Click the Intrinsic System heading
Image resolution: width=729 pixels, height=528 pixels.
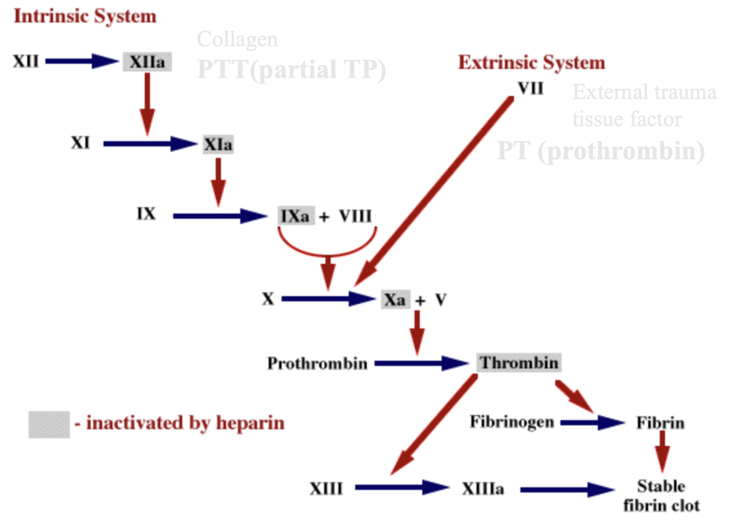(x=85, y=16)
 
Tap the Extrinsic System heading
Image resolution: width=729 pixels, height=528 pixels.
(x=531, y=63)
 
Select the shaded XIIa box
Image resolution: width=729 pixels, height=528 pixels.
(x=147, y=62)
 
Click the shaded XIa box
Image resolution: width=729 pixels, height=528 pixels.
(x=218, y=144)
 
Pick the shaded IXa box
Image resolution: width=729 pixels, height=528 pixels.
(x=296, y=216)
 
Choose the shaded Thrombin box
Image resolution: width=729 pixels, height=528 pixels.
(x=519, y=363)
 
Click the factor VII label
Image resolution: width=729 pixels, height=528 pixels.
(x=530, y=88)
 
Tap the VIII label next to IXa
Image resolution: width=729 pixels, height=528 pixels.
(x=355, y=216)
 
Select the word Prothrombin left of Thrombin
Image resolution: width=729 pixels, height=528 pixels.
(x=317, y=363)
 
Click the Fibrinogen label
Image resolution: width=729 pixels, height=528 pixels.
(x=512, y=422)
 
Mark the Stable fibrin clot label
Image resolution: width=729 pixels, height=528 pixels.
(x=661, y=496)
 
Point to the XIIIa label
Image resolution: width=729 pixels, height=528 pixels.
(x=483, y=488)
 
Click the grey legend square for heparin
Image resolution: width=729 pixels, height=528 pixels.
(x=49, y=425)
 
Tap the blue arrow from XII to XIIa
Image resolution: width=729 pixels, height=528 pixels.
(x=82, y=61)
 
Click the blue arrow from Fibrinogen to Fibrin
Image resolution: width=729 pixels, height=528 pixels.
(x=592, y=423)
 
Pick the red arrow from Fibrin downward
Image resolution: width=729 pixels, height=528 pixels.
(x=662, y=451)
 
